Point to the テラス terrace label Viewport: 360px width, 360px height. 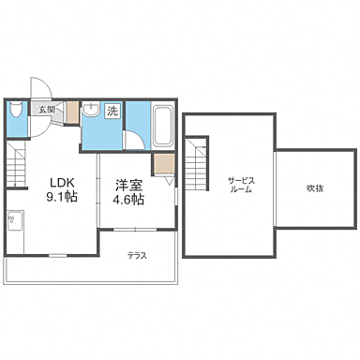[x=138, y=255]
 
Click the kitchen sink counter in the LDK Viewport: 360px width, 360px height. [x=13, y=226]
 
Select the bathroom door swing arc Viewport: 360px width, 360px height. [x=135, y=142]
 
